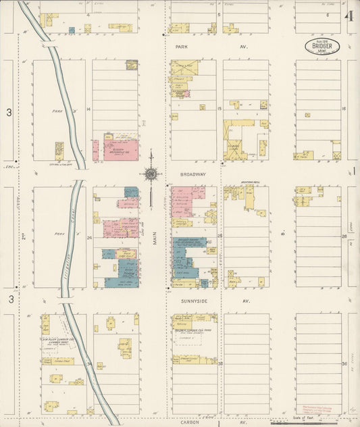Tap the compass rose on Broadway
click(151, 174)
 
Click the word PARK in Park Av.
click(180, 47)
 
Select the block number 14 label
click(88, 109)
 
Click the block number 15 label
click(219, 109)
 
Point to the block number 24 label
click(88, 237)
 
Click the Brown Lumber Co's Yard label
click(194, 330)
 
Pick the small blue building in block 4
click(72, 30)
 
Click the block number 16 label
click(344, 109)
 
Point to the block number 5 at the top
click(219, 14)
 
